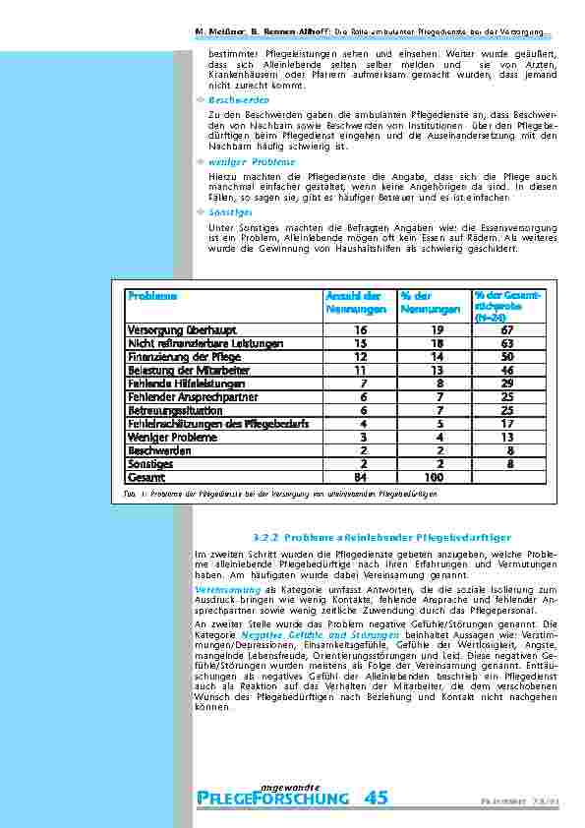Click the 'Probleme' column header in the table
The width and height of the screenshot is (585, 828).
[152, 295]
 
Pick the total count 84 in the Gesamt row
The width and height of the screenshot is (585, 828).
[360, 477]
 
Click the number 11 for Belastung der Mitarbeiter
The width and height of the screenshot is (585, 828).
[360, 371]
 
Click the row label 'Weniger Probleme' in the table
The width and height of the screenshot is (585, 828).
[164, 437]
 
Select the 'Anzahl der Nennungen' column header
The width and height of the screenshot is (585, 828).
[353, 302]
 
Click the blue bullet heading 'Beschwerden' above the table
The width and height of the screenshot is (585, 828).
[239, 100]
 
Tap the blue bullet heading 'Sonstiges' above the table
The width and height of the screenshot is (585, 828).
[231, 211]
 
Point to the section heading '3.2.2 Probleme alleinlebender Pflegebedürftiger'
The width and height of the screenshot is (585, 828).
[381, 538]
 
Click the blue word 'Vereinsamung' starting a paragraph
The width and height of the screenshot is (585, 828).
[227, 588]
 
